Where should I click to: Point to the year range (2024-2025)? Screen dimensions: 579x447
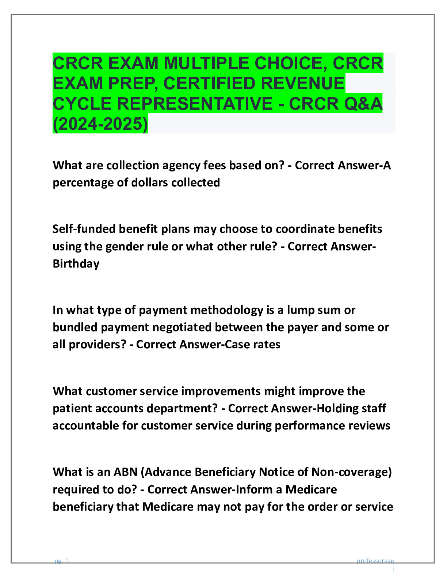[100, 124]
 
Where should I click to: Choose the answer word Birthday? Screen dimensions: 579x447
[76, 264]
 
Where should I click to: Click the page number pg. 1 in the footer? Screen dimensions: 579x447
[61, 561]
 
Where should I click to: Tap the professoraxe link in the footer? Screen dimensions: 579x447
[375, 561]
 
